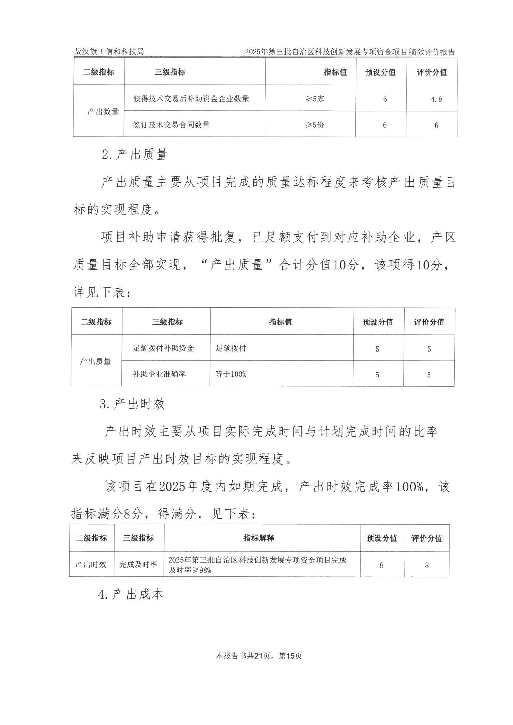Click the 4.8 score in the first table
436,99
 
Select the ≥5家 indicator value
314,99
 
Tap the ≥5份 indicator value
314,125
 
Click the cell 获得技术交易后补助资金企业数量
191,99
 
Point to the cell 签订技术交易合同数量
171,125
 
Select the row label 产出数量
103,112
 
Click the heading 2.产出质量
135,155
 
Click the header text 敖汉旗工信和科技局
109,52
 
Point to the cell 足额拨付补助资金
164,348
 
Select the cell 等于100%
231,374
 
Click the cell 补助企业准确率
159,374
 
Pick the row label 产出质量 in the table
96,361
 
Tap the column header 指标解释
258,538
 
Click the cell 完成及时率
138,565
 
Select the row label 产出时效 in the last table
91,565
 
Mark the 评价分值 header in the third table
426,538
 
